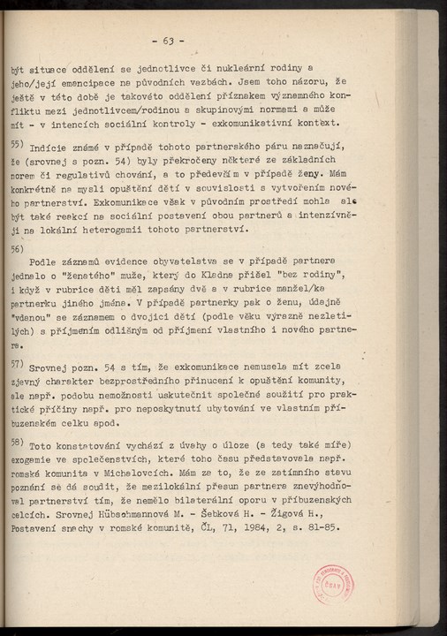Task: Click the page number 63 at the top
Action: click(x=168, y=41)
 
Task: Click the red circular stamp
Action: click(x=332, y=584)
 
